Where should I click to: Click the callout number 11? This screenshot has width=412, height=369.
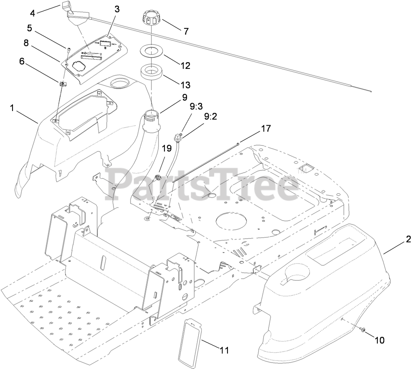[225, 350]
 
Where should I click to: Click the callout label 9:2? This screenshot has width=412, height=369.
[211, 118]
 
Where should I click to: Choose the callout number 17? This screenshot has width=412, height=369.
[265, 129]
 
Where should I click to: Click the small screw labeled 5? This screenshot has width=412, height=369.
[68, 50]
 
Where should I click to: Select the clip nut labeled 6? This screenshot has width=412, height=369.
[63, 85]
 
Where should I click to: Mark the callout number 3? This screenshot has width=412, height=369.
[117, 9]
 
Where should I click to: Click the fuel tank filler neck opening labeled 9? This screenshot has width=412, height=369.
[153, 113]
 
